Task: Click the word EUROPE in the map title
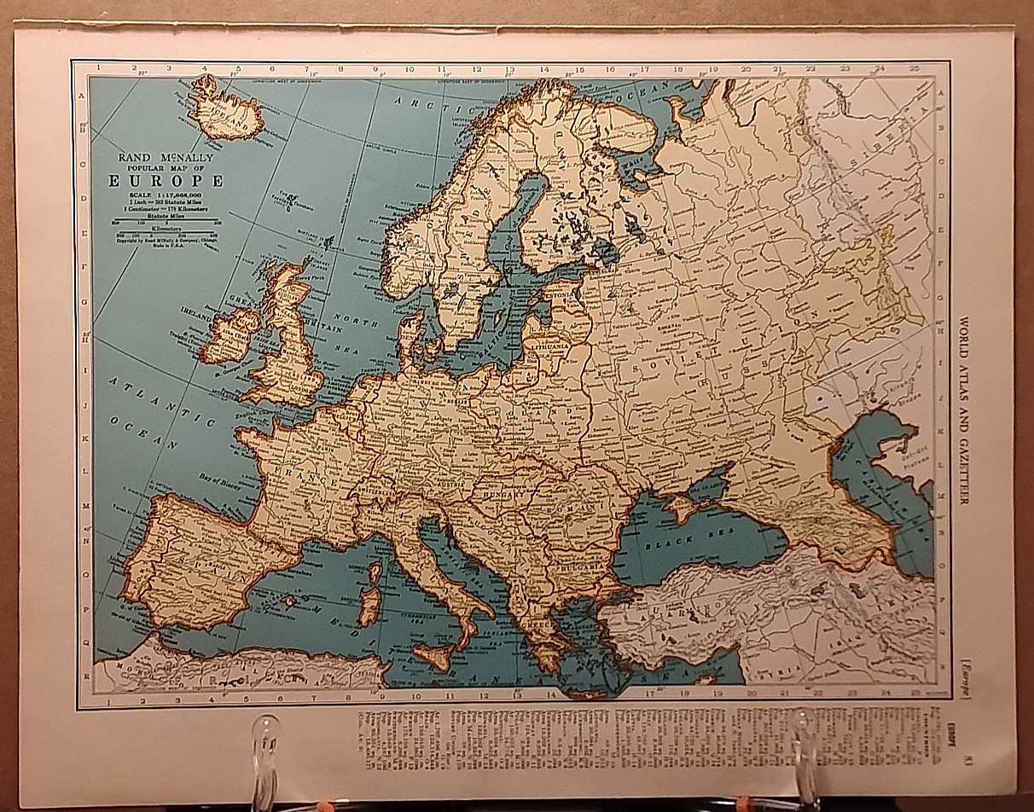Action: coord(166,181)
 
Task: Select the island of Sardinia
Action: coord(370,605)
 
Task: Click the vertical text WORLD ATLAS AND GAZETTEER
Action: coord(963,410)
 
